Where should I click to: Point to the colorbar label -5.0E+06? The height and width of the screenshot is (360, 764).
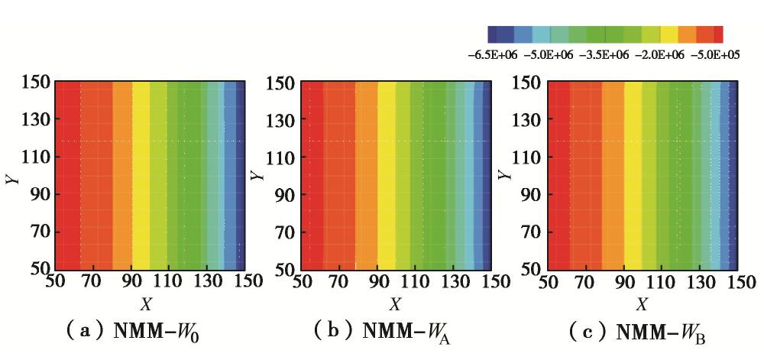point(549,54)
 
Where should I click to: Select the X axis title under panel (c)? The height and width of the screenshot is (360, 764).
point(642,304)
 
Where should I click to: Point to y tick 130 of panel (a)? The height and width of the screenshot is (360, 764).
point(35,119)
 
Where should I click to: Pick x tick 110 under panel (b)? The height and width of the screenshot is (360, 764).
point(421,283)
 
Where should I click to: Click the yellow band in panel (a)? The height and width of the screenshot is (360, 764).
point(141,176)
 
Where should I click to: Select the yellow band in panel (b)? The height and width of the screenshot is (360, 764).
point(387,176)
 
